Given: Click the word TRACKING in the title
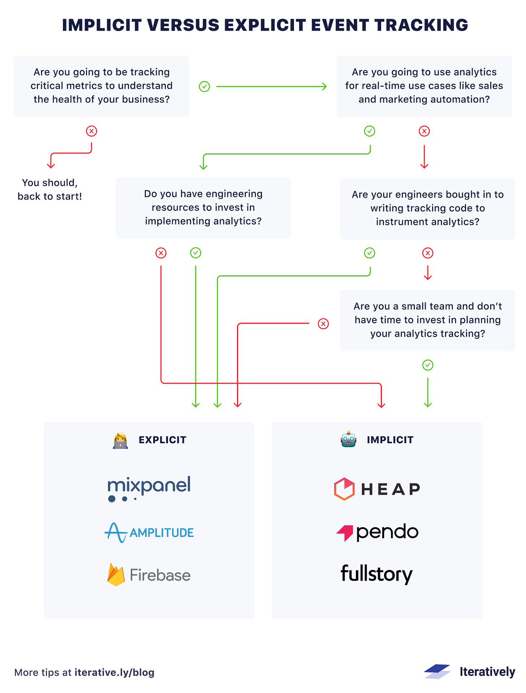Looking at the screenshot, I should click(x=421, y=25).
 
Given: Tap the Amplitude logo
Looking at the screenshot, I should click(x=149, y=533).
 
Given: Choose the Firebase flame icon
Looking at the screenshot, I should click(x=116, y=575).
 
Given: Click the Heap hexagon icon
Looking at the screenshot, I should click(x=344, y=489).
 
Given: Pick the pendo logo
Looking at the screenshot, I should click(x=377, y=532).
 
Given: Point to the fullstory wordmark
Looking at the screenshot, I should click(x=376, y=574).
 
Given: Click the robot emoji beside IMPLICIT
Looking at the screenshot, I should click(x=348, y=440).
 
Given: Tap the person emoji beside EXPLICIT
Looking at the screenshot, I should click(x=120, y=440).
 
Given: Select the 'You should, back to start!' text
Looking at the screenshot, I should click(x=50, y=189).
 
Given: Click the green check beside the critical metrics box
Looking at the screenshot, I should click(x=204, y=87).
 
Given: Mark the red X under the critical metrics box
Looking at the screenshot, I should click(x=91, y=131).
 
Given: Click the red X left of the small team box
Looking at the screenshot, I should click(x=323, y=324).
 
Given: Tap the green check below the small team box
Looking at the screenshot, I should click(x=428, y=365).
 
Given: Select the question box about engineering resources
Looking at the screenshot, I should click(x=203, y=208).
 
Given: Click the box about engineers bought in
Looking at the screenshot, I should click(x=427, y=208).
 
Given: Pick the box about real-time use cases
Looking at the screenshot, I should click(x=424, y=86).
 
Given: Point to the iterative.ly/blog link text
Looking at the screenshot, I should click(x=115, y=672).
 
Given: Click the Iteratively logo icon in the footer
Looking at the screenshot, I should click(x=437, y=671).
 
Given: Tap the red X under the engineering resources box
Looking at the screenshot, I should click(x=161, y=253).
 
